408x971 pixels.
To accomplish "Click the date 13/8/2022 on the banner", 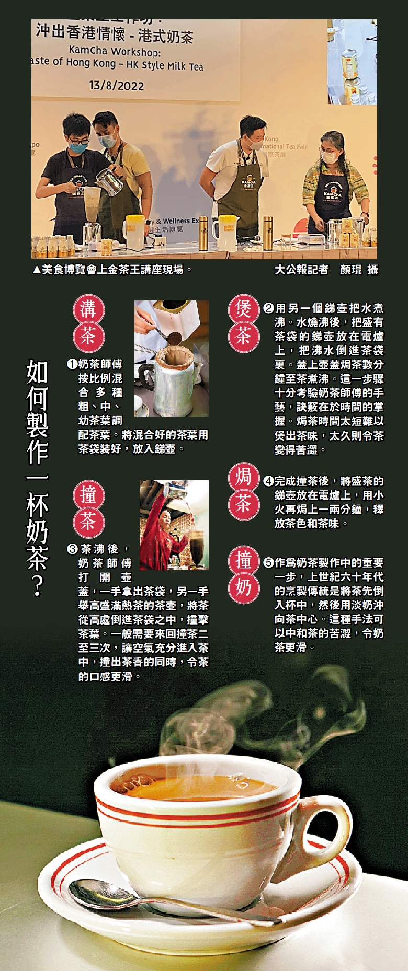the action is [117, 85].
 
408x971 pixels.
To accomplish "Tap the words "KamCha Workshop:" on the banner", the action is [115, 51].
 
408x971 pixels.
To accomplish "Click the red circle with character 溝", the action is [88, 309].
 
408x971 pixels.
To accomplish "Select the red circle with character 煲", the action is [244, 309].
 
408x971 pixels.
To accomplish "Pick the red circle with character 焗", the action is [244, 477].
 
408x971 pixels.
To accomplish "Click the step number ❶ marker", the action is [72, 364].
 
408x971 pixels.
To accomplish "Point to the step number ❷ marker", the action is [269, 308].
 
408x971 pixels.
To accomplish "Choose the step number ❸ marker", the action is [72, 549].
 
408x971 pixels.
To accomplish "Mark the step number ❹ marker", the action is [269, 481].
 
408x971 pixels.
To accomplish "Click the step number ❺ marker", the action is [269, 563].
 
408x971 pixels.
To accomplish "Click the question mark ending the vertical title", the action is [37, 585].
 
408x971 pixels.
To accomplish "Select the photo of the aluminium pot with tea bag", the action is [172, 359].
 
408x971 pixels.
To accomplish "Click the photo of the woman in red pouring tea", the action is [174, 525].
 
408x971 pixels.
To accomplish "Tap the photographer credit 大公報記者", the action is [302, 270].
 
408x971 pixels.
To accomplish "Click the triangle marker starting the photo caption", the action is [36, 270].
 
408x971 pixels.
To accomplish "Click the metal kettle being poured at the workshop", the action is [109, 181].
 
